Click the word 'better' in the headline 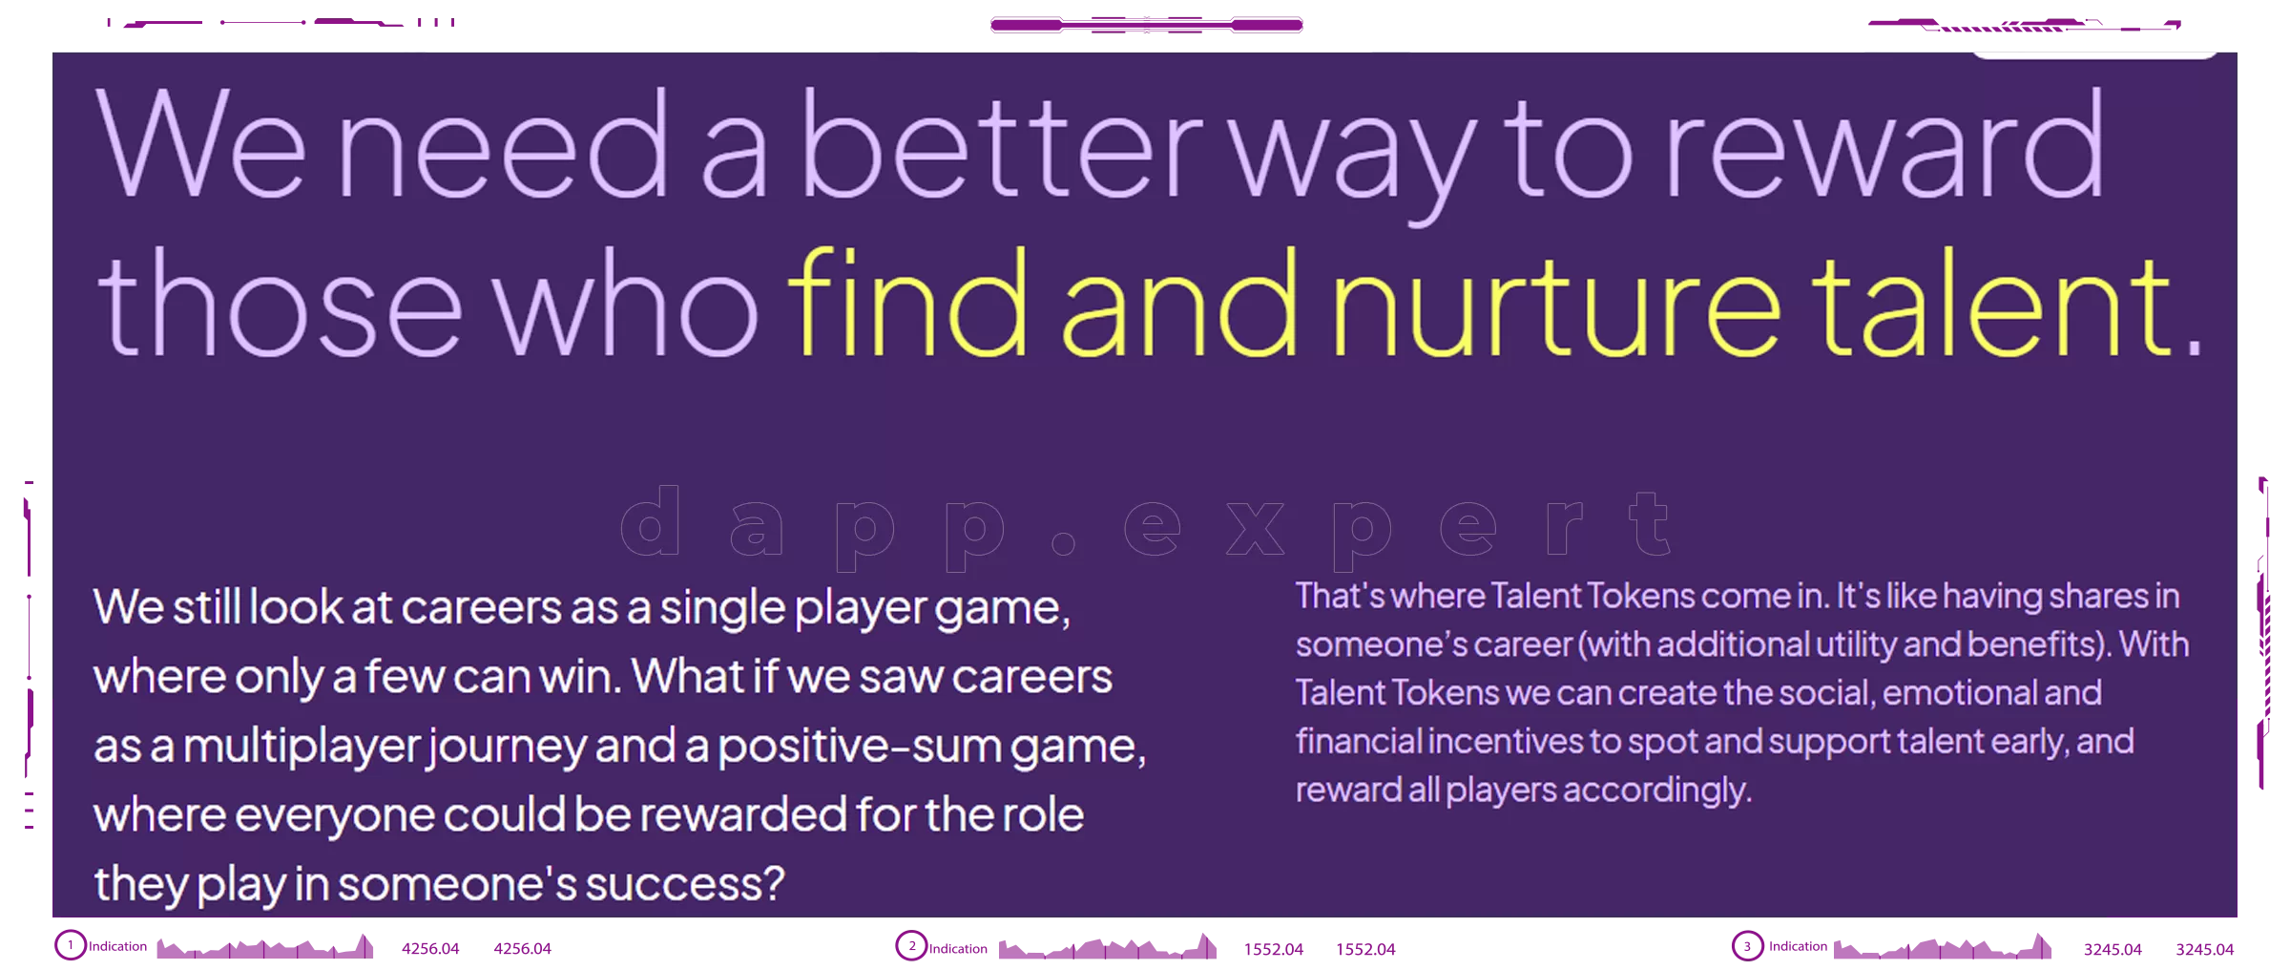tap(1002, 148)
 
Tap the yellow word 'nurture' tap(1555, 306)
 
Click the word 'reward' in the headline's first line tap(1884, 148)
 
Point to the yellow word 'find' tap(906, 306)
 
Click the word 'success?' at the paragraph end tap(684, 884)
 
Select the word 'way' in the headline tap(1350, 158)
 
